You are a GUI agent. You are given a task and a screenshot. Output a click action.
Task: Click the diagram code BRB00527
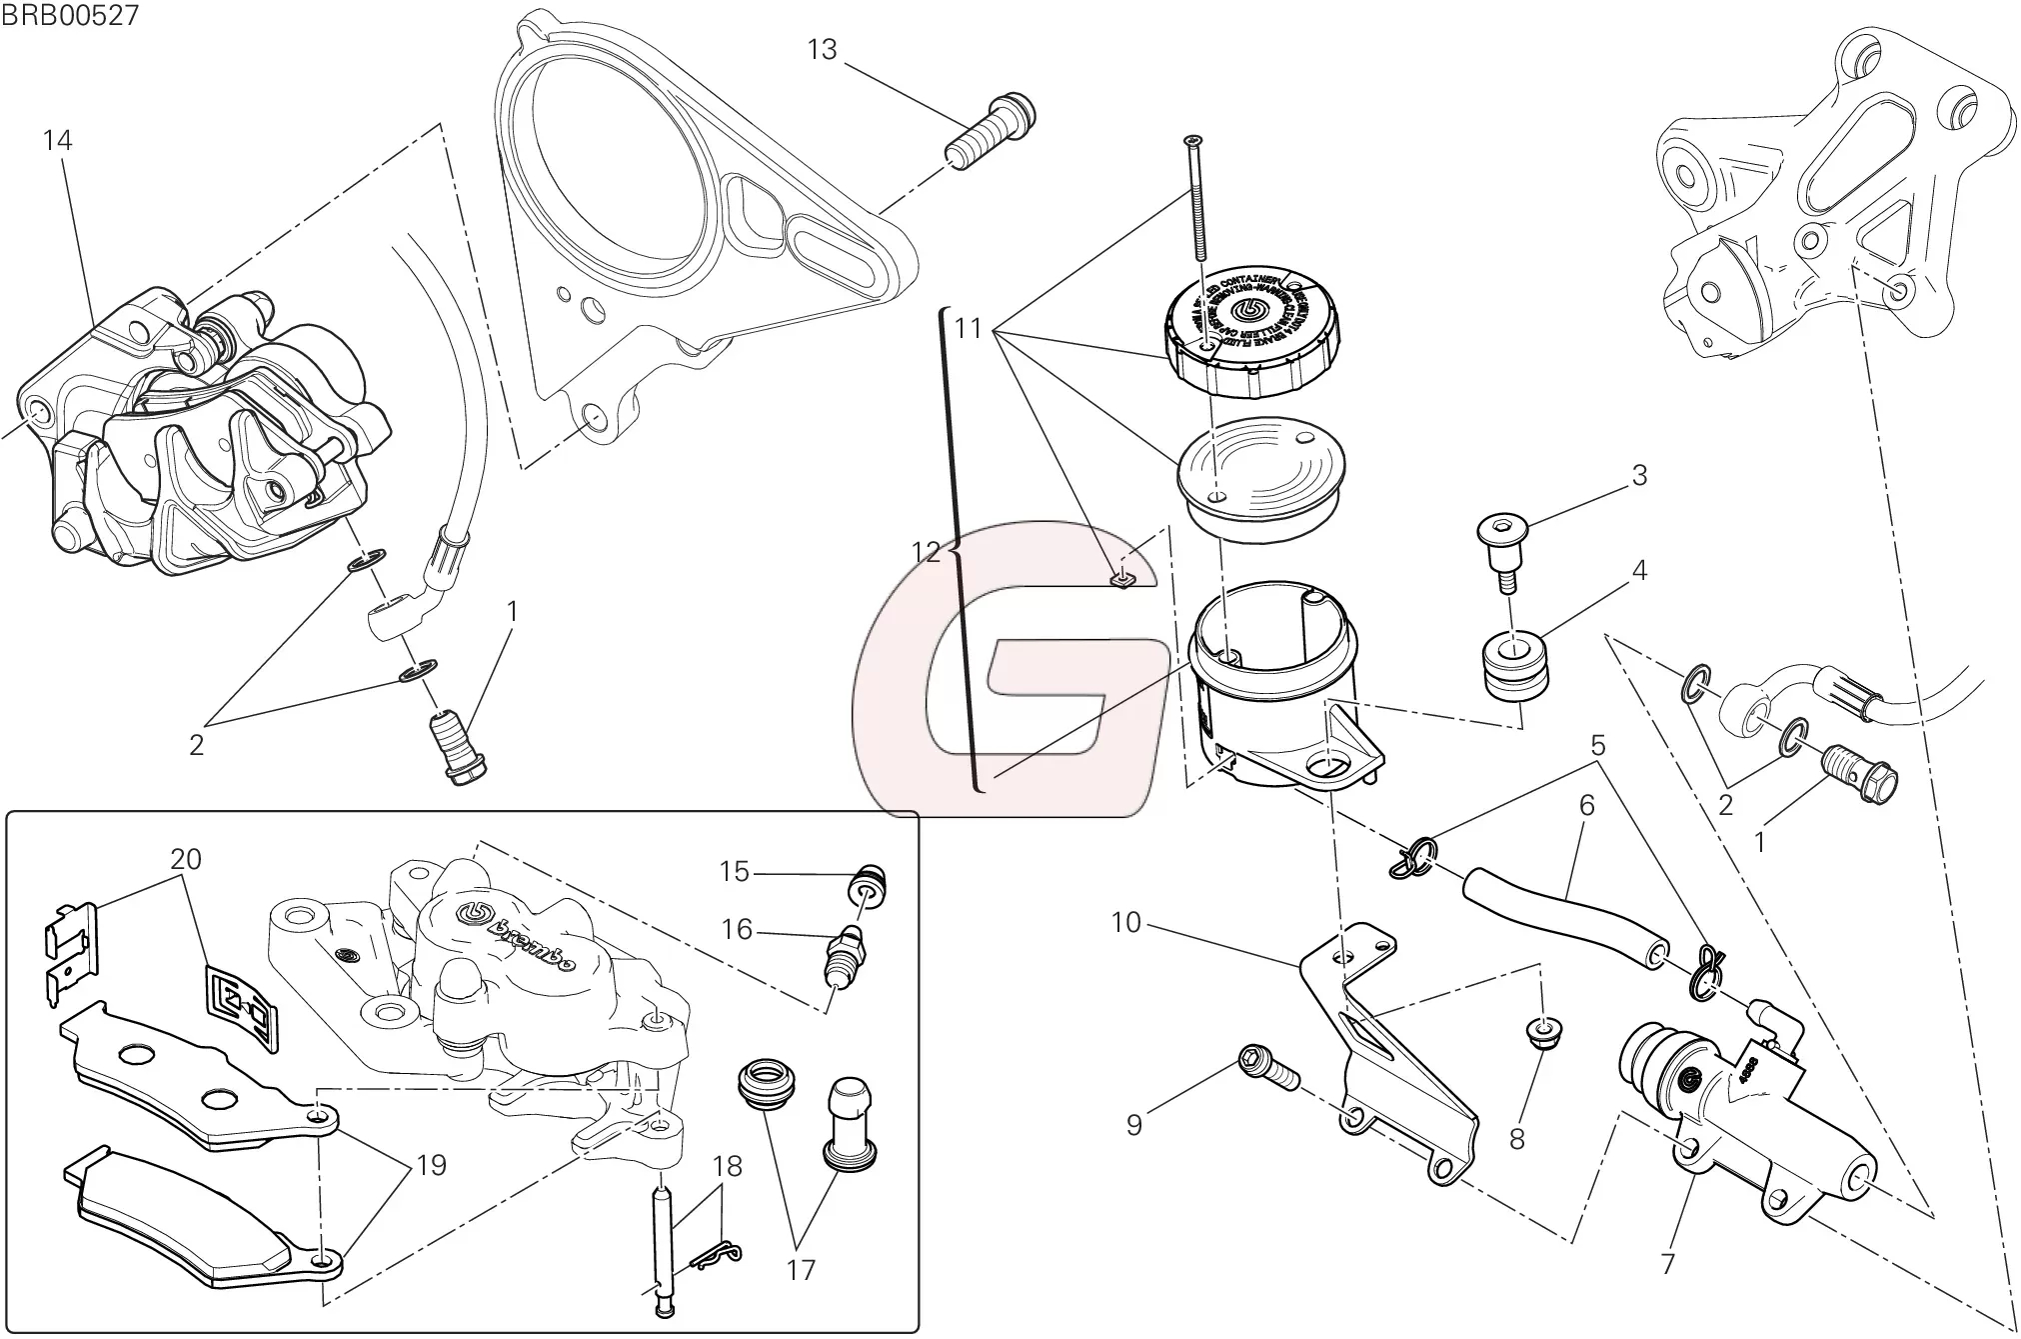70,15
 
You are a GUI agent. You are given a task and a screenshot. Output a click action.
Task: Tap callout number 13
822,50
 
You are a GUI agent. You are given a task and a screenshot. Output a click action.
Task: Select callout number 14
58,140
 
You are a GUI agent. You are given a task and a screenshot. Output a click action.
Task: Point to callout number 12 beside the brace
926,552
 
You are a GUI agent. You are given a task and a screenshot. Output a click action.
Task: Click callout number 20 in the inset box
186,859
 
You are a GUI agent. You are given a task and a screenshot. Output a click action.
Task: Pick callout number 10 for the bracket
1125,922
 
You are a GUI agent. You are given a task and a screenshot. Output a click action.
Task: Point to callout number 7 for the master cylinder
1666,1263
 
